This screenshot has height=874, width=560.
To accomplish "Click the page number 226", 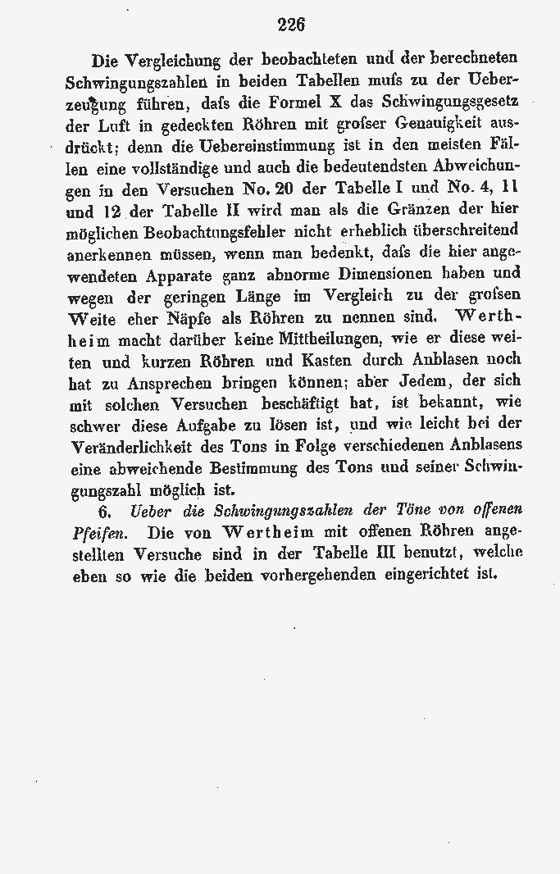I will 291,24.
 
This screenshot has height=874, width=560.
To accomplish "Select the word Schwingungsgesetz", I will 464,103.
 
